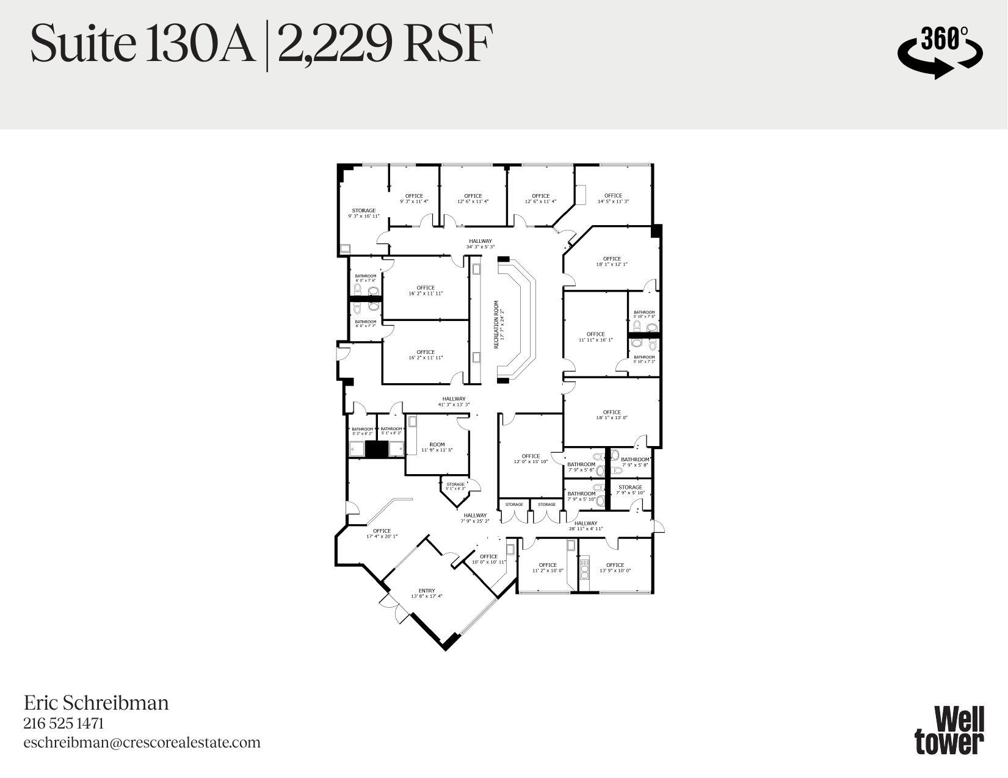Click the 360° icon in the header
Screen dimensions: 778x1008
pyautogui.click(x=940, y=51)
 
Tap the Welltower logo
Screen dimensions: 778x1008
pyautogui.click(x=949, y=730)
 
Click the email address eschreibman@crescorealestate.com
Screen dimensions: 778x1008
pyautogui.click(x=142, y=743)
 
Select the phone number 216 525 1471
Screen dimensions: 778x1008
pyautogui.click(x=63, y=723)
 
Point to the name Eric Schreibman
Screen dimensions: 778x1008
pyautogui.click(x=96, y=702)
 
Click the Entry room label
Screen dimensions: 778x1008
pyautogui.click(x=427, y=593)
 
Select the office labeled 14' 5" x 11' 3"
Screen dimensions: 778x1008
pyautogui.click(x=613, y=198)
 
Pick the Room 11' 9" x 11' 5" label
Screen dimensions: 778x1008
pyautogui.click(x=437, y=447)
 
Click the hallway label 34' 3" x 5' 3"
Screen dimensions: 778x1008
pyautogui.click(x=480, y=243)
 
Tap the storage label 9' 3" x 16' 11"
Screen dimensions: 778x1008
pyautogui.click(x=364, y=213)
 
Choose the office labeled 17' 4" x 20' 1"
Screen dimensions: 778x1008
pyautogui.click(x=382, y=533)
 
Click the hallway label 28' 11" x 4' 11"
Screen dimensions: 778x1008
pyautogui.click(x=586, y=526)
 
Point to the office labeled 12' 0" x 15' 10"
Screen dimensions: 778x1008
pyautogui.click(x=531, y=459)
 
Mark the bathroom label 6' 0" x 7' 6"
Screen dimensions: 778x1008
pyautogui.click(x=366, y=278)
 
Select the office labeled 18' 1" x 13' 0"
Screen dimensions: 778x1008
pyautogui.click(x=612, y=415)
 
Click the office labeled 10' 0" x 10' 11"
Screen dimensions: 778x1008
pyautogui.click(x=489, y=559)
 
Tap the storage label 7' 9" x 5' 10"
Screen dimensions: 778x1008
pyautogui.click(x=630, y=490)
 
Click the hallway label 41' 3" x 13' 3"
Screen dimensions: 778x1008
pyautogui.click(x=454, y=402)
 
